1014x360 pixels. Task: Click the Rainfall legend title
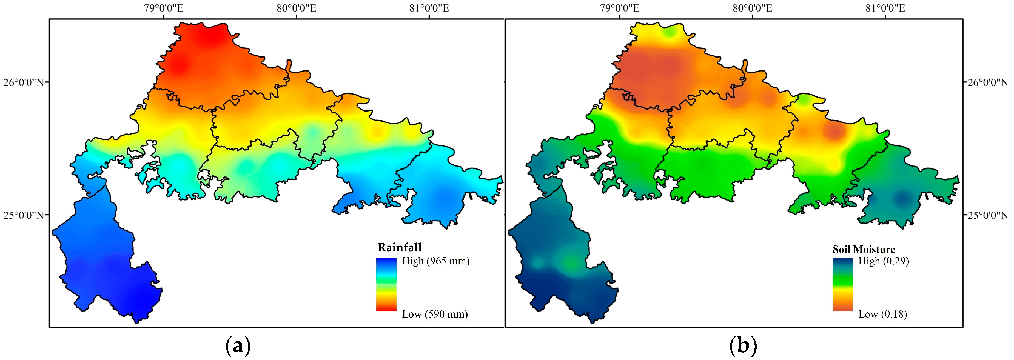[x=400, y=247]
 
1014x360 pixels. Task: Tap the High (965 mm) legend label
[x=436, y=261]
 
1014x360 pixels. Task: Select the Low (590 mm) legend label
[x=435, y=314]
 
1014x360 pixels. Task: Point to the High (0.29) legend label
[x=883, y=261]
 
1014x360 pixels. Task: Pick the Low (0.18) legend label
[x=882, y=314]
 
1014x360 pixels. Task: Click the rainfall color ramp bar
[x=386, y=284]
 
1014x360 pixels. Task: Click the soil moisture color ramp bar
[x=842, y=284]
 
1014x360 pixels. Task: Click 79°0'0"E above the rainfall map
[x=164, y=8]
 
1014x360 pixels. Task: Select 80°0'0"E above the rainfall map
[x=297, y=8]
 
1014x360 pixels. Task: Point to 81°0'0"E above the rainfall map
[x=429, y=8]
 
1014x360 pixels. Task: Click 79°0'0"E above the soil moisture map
[x=620, y=8]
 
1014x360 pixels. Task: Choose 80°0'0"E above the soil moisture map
[x=752, y=8]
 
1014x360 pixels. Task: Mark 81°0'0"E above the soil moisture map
[x=885, y=8]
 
